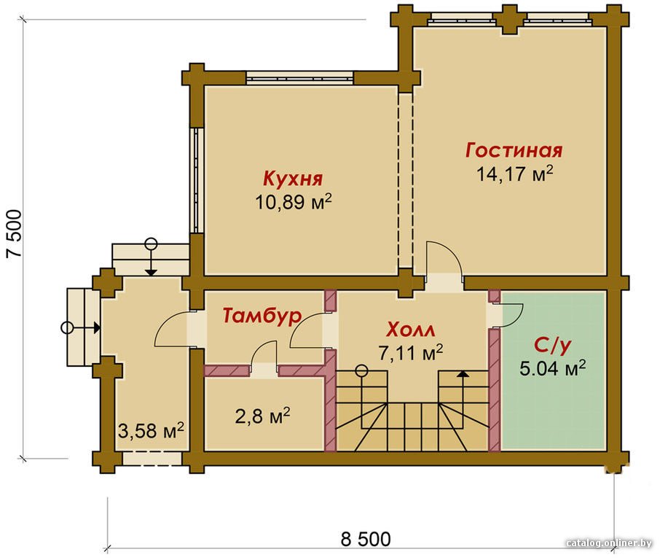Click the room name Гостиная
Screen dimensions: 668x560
pyautogui.click(x=514, y=150)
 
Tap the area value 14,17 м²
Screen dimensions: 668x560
pyautogui.click(x=514, y=174)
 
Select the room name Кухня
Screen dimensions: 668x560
pyautogui.click(x=293, y=179)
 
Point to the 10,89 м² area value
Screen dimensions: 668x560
pyautogui.click(x=293, y=201)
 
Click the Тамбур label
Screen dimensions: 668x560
pyautogui.click(x=262, y=316)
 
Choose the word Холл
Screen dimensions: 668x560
pyautogui.click(x=411, y=330)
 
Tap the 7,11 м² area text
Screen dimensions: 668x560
pyautogui.click(x=411, y=352)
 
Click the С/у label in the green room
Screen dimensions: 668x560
pyautogui.click(x=552, y=346)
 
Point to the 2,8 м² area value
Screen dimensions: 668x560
pyautogui.click(x=263, y=416)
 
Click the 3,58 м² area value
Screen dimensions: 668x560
pyautogui.click(x=151, y=431)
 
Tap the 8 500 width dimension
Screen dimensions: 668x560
pyautogui.click(x=366, y=539)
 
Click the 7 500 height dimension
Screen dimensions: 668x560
pyautogui.click(x=14, y=233)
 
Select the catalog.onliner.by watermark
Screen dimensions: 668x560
pyautogui.click(x=610, y=543)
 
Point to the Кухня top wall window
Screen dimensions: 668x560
pyautogui.click(x=299, y=77)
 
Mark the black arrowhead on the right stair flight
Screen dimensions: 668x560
pyautogui.click(x=463, y=373)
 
